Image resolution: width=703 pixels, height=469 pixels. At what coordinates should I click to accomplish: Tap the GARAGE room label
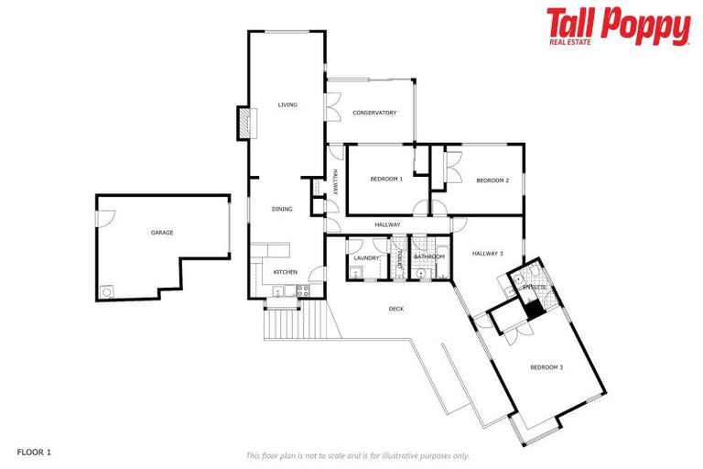pos(162,233)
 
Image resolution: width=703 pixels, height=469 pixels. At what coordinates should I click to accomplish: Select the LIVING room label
pos(287,105)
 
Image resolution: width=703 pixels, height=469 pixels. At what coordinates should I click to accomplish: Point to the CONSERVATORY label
pos(374,113)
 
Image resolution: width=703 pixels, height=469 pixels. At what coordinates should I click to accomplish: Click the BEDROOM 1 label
pos(386,180)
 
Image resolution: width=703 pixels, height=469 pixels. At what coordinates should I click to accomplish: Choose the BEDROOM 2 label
pos(492,180)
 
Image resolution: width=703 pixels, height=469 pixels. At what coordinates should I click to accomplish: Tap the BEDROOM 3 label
pos(546,367)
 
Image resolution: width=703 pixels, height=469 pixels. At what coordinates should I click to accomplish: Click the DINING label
pos(282,210)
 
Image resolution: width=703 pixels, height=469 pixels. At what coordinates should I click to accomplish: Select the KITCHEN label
pos(286,272)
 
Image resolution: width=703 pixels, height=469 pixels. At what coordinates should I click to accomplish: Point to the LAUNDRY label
pos(366,257)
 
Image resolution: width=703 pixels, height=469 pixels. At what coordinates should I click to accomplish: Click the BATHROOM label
pos(428,257)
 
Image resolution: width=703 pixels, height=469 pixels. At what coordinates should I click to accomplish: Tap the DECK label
pos(396,309)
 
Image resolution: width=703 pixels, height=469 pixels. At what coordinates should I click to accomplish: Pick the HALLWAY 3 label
pos(488,254)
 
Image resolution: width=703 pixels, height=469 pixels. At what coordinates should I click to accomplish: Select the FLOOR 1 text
pos(36,453)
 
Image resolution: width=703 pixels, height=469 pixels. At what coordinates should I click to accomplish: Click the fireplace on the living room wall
pos(243,122)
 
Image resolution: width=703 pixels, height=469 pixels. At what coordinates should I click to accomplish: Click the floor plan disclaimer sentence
pos(357,455)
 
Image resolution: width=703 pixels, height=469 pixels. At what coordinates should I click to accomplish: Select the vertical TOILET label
pos(400,258)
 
